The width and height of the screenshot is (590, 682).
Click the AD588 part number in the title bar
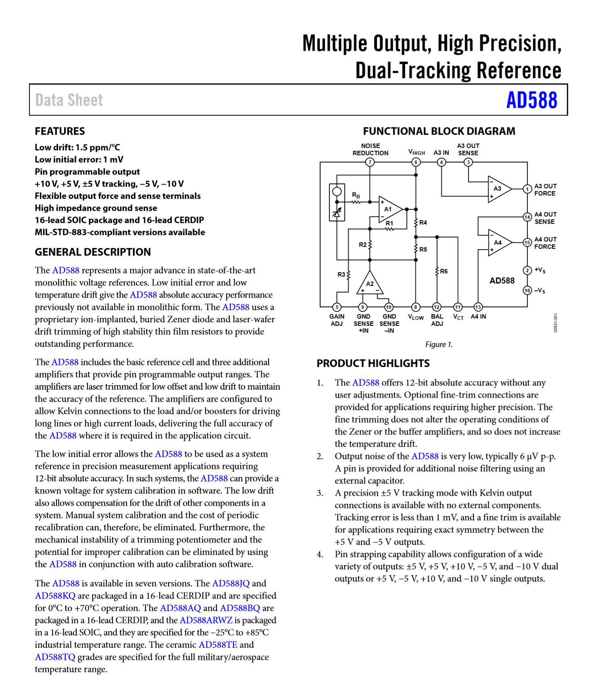click(532, 100)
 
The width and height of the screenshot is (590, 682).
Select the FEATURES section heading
click(60, 131)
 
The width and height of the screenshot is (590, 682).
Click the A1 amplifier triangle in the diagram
click(389, 209)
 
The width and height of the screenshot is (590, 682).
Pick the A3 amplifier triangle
click(498, 188)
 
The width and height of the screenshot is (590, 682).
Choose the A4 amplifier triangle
click(498, 242)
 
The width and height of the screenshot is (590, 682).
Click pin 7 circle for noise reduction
click(370, 162)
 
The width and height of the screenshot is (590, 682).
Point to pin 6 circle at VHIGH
click(416, 162)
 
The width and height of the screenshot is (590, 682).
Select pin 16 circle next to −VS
click(527, 290)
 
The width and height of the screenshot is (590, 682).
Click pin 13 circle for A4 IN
click(478, 307)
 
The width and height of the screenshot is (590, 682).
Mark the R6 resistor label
click(444, 271)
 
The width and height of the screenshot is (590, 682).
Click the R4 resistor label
click(423, 223)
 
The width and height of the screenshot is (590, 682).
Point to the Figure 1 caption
click(439, 344)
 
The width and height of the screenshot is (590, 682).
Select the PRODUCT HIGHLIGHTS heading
click(373, 363)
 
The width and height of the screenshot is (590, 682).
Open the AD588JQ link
click(231, 583)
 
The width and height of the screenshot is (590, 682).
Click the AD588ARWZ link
click(206, 620)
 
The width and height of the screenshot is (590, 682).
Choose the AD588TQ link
click(55, 657)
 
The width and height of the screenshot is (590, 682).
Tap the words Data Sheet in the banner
click(69, 100)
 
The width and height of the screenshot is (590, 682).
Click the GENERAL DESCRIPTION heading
click(93, 252)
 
